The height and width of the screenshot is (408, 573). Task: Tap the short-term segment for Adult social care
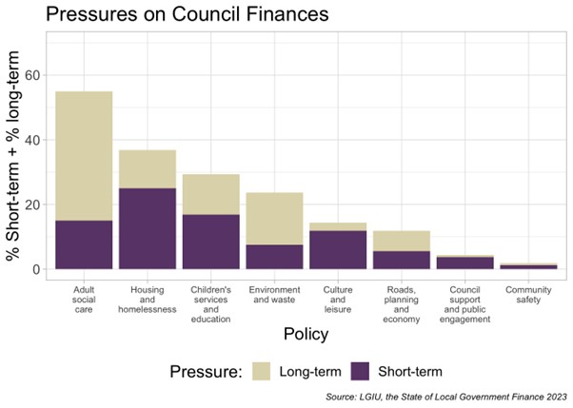tap(84, 244)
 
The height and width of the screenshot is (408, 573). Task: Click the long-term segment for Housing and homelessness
tap(148, 169)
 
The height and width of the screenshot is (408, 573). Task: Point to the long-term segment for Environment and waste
tap(274, 219)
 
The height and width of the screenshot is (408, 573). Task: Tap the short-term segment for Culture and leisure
tap(338, 249)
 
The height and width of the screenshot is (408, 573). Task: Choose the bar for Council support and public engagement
tap(464, 263)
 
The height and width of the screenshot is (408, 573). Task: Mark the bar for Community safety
tap(527, 266)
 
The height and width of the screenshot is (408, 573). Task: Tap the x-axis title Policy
tap(306, 335)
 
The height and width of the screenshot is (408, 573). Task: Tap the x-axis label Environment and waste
tap(274, 294)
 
